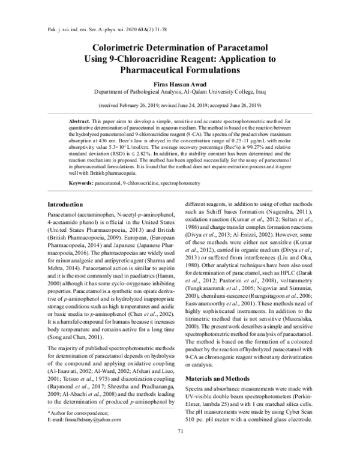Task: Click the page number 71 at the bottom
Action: (x=180, y=449)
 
